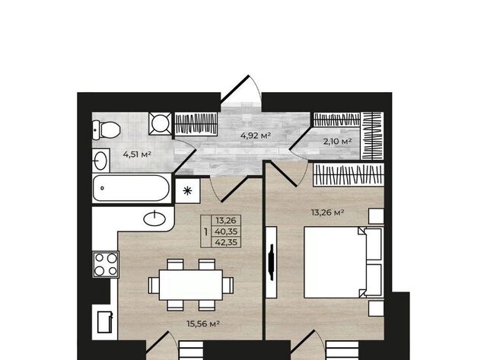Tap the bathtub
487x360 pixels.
click(x=132, y=188)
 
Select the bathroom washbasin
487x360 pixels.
click(x=100, y=161)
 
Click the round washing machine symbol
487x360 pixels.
click(x=160, y=123)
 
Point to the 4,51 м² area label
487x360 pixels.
click(x=137, y=154)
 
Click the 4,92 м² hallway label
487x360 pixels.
click(x=256, y=135)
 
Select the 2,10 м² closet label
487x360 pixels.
click(x=337, y=142)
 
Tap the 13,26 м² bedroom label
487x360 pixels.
click(x=328, y=212)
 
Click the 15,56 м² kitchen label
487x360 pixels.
click(x=203, y=323)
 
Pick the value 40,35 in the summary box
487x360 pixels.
click(x=226, y=231)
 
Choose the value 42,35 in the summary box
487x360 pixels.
click(x=226, y=242)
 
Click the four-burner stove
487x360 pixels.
click(x=106, y=264)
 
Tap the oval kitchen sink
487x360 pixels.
click(x=154, y=219)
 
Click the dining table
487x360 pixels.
click(x=191, y=285)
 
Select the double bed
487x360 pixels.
click(x=343, y=262)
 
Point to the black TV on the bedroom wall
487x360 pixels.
click(x=272, y=262)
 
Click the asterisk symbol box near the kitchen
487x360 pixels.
click(x=188, y=191)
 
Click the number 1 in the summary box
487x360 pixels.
click(x=205, y=231)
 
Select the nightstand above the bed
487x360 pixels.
click(x=376, y=216)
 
